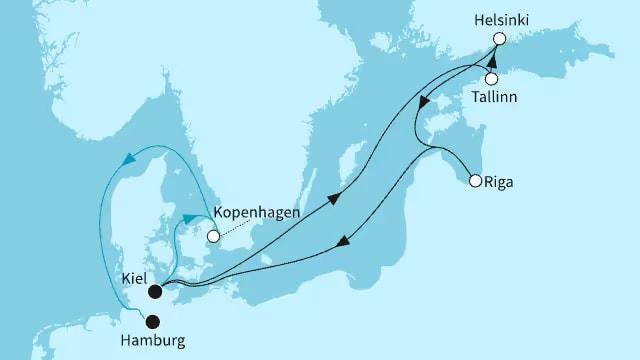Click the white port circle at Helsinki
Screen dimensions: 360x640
coord(499,39)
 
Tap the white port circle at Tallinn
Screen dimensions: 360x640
coord(491,79)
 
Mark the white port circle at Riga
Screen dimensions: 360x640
coord(474,181)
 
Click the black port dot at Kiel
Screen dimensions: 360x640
coord(154,292)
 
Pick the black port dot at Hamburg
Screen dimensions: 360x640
coord(153,322)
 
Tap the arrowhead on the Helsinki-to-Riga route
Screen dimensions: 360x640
coord(425,102)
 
